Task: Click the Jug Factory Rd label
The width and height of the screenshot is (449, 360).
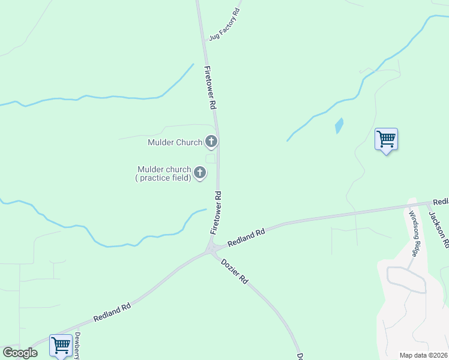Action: pyautogui.click(x=224, y=25)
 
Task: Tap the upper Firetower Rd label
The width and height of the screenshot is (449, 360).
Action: pyautogui.click(x=210, y=87)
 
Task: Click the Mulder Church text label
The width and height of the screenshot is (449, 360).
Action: pyautogui.click(x=175, y=143)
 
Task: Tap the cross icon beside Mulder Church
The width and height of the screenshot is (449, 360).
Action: pyautogui.click(x=211, y=142)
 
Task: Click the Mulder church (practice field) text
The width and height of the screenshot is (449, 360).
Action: pyautogui.click(x=164, y=173)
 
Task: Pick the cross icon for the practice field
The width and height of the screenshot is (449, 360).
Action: pyautogui.click(x=200, y=173)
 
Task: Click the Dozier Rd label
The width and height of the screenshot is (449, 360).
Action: pyautogui.click(x=234, y=271)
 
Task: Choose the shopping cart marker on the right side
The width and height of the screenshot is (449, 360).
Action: pyautogui.click(x=386, y=139)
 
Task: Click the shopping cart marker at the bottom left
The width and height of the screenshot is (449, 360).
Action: pyautogui.click(x=61, y=346)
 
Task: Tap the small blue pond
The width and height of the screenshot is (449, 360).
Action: pyautogui.click(x=339, y=125)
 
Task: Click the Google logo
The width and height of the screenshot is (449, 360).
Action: pyautogui.click(x=20, y=353)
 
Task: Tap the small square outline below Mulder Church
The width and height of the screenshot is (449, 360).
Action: pyautogui.click(x=211, y=158)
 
